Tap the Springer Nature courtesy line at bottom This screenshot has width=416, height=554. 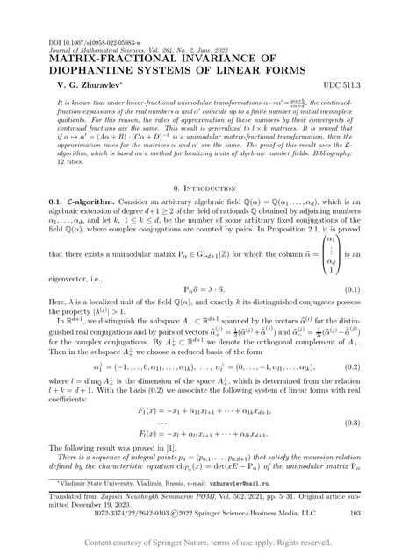click(207, 543)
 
